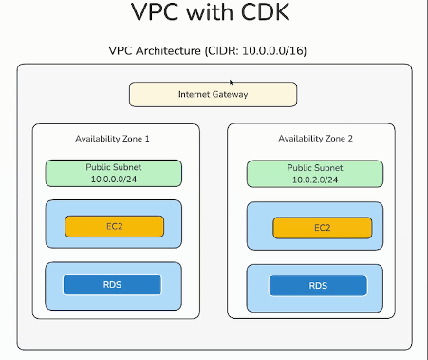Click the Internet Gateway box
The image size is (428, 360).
point(214,94)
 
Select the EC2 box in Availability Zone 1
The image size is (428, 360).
point(114,226)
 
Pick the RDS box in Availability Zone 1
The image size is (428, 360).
point(112,284)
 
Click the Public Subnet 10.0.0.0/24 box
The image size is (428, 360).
point(114,173)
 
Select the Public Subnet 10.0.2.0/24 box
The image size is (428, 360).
point(316,174)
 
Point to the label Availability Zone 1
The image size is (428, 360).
point(113,139)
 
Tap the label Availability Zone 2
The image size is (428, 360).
point(316,140)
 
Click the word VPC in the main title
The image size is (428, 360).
point(156,14)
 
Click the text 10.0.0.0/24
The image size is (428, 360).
point(114,179)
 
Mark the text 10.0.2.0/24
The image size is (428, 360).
point(316,180)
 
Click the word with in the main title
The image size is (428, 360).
point(214,14)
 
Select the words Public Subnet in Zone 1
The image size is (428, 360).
point(114,167)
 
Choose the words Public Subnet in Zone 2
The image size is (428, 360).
point(316,168)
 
